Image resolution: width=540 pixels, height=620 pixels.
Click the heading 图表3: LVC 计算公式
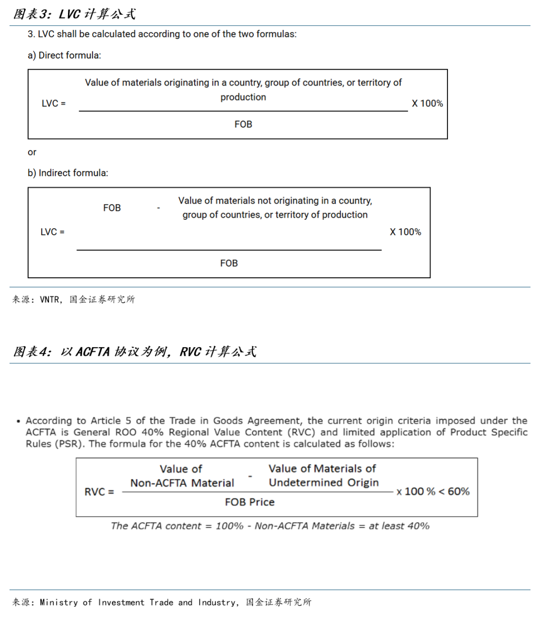click(x=74, y=14)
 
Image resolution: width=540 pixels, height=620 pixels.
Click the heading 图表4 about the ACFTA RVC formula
click(x=134, y=352)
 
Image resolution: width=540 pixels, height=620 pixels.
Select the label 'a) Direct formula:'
click(x=64, y=55)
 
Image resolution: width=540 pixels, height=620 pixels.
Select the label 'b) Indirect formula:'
click(x=67, y=173)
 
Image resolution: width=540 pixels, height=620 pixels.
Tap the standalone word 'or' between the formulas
click(x=32, y=152)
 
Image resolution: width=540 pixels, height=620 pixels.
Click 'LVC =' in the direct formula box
click(x=53, y=103)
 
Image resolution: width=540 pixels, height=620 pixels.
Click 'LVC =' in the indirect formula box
click(x=52, y=232)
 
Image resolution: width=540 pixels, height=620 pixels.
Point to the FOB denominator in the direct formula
click(x=243, y=124)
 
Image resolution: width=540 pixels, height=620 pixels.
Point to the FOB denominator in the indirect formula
click(x=229, y=263)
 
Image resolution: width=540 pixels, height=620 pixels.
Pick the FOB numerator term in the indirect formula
click(x=112, y=208)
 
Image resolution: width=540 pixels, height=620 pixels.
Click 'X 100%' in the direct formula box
click(x=427, y=103)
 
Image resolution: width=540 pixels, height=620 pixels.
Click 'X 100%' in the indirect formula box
click(x=405, y=232)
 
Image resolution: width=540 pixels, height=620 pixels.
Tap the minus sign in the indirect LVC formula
click(x=158, y=208)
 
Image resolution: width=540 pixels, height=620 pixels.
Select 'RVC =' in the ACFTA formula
click(x=99, y=492)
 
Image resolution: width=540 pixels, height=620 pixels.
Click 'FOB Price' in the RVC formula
click(x=249, y=502)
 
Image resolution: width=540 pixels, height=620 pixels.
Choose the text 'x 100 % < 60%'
click(x=433, y=492)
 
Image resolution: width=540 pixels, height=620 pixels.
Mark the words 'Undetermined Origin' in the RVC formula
click(x=323, y=483)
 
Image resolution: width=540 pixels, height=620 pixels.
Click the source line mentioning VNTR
click(x=73, y=299)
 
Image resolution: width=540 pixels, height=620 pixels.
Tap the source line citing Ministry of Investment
click(x=161, y=602)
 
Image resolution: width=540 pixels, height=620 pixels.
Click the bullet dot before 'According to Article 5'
click(x=18, y=421)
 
